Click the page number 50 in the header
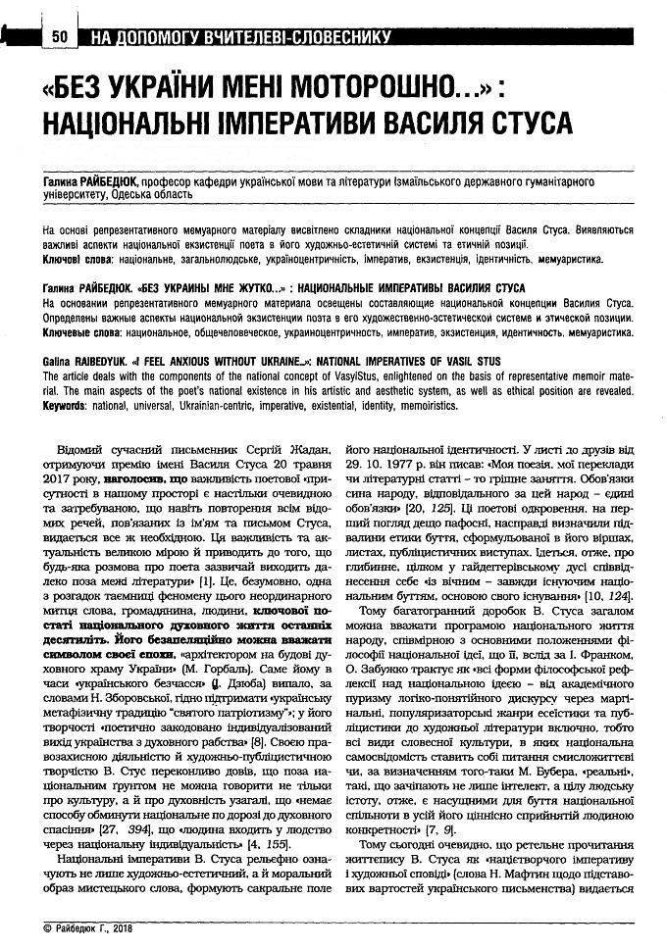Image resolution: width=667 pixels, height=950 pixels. [x=58, y=37]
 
